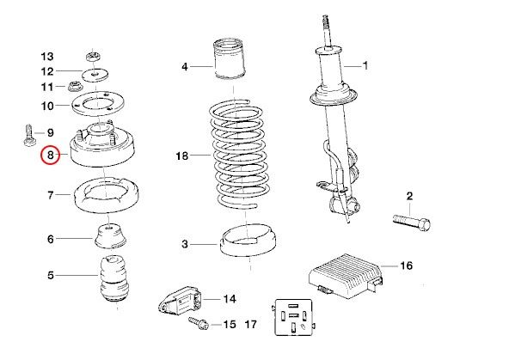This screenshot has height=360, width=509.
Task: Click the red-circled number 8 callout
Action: pyautogui.click(x=51, y=155)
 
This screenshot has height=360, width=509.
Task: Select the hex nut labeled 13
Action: pyautogui.click(x=94, y=57)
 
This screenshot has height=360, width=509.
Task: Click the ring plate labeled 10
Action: pyautogui.click(x=97, y=103)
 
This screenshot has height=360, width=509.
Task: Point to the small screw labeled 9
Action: pyautogui.click(x=30, y=136)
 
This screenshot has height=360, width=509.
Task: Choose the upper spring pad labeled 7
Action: pyautogui.click(x=107, y=195)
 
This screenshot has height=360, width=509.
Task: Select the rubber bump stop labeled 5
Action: pyautogui.click(x=114, y=280)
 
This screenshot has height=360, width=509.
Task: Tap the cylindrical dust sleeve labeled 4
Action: pyautogui.click(x=230, y=59)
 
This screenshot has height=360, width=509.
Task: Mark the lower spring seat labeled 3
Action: pyautogui.click(x=248, y=241)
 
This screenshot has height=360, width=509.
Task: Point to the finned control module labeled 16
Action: pyautogui.click(x=346, y=276)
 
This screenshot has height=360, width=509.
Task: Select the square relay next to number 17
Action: pyautogui.click(x=294, y=317)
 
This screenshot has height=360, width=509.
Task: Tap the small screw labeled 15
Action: pyautogui.click(x=199, y=323)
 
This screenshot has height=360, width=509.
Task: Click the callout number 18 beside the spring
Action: pyautogui.click(x=182, y=156)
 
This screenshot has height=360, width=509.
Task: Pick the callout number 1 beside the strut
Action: pyautogui.click(x=365, y=65)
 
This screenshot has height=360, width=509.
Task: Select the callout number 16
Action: pyautogui.click(x=406, y=265)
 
